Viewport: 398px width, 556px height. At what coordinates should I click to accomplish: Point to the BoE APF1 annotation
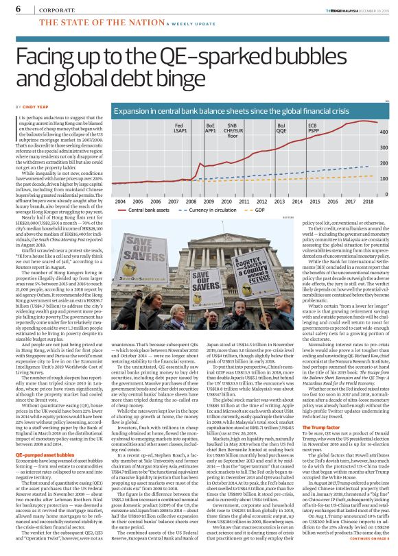tap(211, 128)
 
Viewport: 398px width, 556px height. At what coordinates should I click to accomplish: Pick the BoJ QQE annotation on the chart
tap(281, 128)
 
